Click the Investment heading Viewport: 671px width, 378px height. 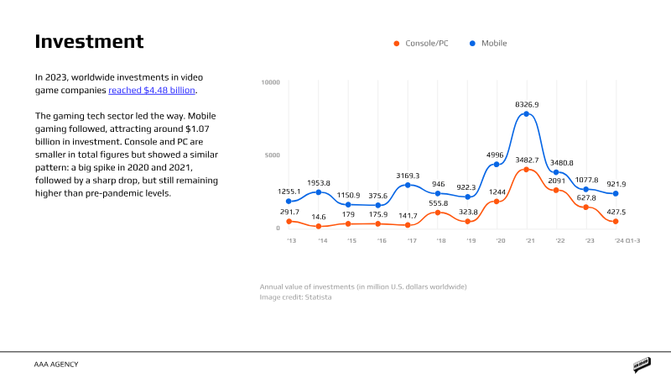pos(89,42)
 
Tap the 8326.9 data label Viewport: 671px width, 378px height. pos(527,104)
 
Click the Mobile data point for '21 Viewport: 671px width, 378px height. pos(527,113)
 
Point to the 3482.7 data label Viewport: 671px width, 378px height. pos(527,160)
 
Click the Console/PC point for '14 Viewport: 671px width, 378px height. pos(319,227)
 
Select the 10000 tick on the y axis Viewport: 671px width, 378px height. pos(271,82)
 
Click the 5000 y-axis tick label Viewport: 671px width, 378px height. pos(273,155)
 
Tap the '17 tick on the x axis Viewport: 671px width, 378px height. pos(411,240)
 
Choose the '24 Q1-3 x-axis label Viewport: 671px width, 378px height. pos(627,240)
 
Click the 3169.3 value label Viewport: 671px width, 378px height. pos(408,175)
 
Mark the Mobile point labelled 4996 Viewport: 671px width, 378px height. pos(497,164)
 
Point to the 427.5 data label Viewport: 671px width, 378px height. pos(616,212)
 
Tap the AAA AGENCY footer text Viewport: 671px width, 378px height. pos(57,365)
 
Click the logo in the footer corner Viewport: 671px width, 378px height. pos(642,365)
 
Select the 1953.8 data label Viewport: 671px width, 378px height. pos(319,182)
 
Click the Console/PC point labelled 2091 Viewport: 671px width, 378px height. pos(556,190)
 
